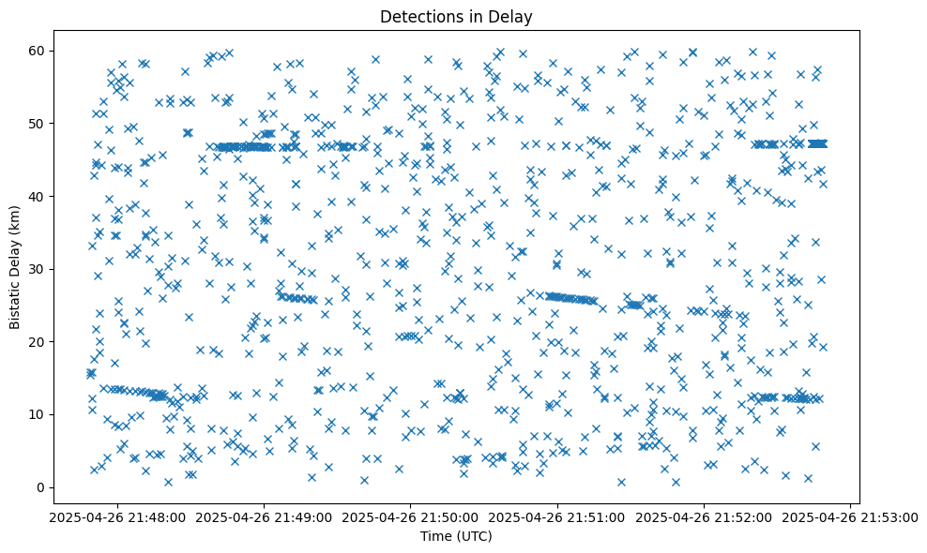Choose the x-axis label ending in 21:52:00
tap(703, 516)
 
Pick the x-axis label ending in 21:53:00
tap(850, 516)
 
